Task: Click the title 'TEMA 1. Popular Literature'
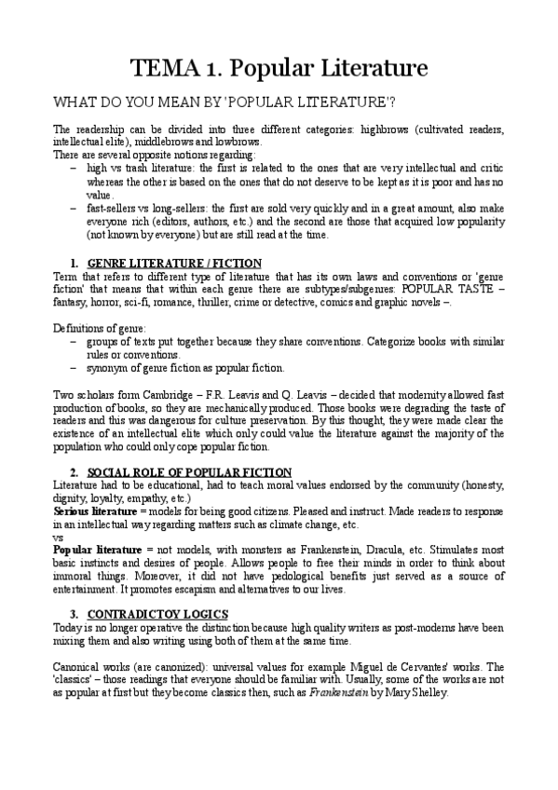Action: tap(279, 68)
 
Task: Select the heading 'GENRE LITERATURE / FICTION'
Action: tap(174, 263)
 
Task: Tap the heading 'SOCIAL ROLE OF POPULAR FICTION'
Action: tap(189, 472)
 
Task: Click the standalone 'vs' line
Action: tap(59, 538)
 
